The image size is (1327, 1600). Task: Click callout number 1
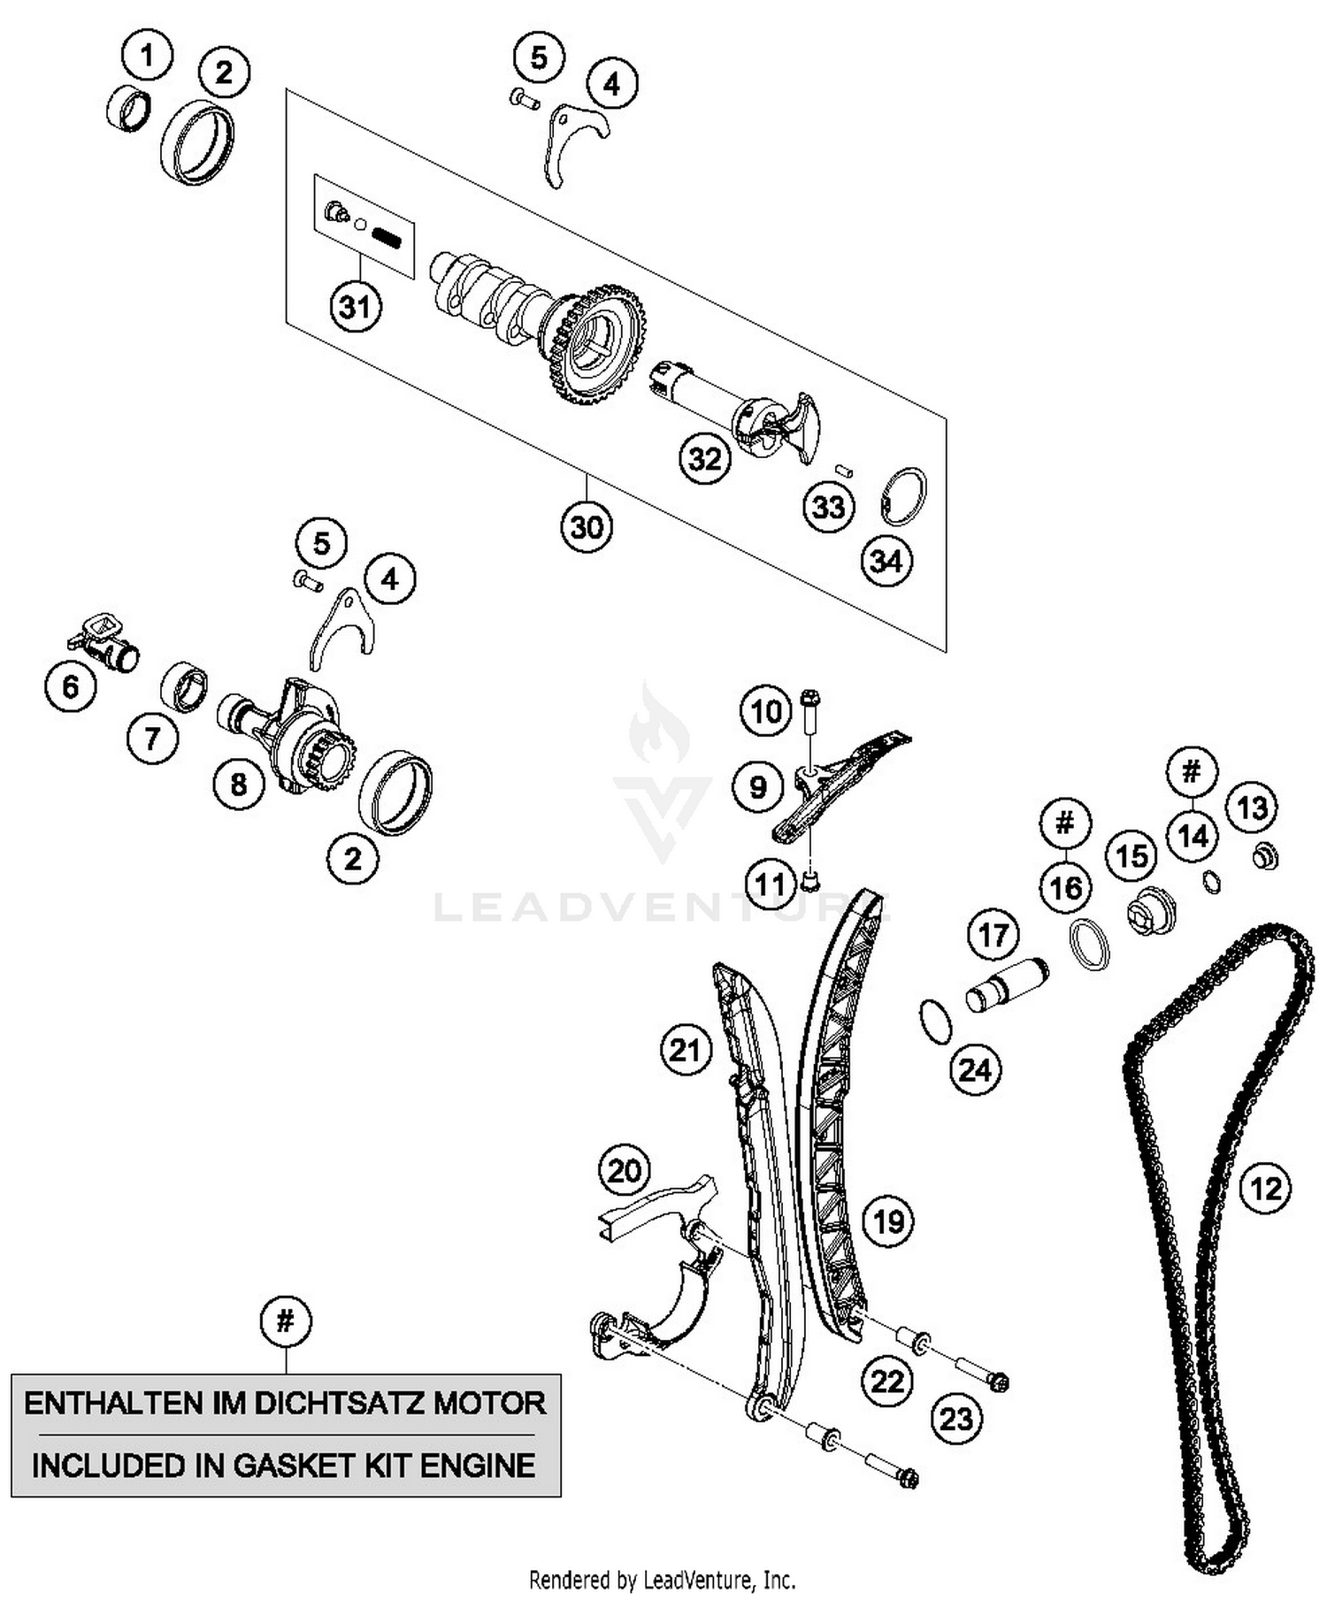pos(147,56)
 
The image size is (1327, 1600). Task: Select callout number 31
pos(355,307)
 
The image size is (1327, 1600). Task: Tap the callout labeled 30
pos(587,527)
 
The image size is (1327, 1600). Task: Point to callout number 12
pos(1265,1189)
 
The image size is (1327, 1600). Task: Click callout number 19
pos(888,1221)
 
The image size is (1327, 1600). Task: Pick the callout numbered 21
pos(685,1050)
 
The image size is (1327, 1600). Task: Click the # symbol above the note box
pos(285,1321)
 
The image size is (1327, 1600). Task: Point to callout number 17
pos(993,935)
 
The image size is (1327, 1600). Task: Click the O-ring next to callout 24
pos(936,1021)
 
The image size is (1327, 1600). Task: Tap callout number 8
pos(238,784)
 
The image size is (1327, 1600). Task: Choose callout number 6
pos(71,686)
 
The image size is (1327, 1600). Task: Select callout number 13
pos(1251,808)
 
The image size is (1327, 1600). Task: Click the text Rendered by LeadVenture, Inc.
pos(662,1579)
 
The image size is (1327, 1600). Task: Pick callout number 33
pos(828,507)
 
